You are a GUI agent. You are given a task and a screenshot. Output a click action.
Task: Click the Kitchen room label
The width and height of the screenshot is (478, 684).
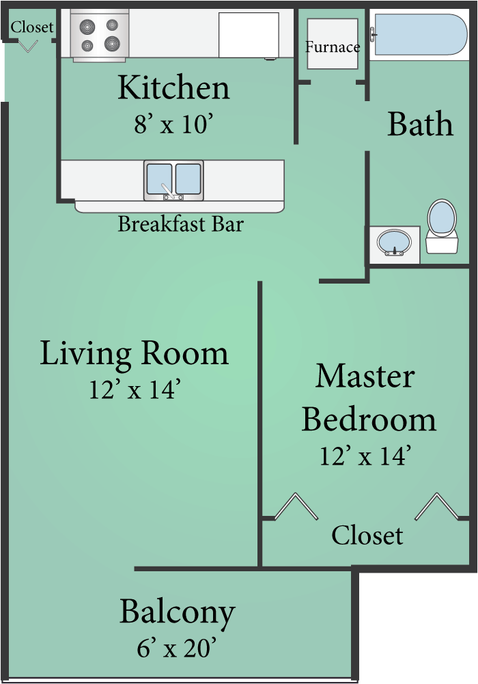pyautogui.click(x=173, y=88)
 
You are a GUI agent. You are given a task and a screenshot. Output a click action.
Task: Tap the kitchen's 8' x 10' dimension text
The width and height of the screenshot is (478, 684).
pyautogui.click(x=174, y=125)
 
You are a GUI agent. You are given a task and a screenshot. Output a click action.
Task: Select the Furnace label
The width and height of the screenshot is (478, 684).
pyautogui.click(x=332, y=47)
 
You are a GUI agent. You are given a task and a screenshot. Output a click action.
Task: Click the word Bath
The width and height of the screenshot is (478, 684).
pyautogui.click(x=420, y=124)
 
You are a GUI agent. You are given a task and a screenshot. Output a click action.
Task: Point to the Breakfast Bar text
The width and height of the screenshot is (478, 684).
pyautogui.click(x=180, y=223)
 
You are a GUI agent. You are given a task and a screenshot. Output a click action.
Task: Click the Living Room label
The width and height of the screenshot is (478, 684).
pyautogui.click(x=134, y=353)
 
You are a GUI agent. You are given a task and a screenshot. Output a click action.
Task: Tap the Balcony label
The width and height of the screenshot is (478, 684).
pyautogui.click(x=178, y=612)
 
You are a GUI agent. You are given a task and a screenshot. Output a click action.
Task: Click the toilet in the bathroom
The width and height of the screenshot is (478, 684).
pyautogui.click(x=441, y=225)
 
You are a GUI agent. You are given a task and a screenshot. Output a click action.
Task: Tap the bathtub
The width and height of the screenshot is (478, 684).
pyautogui.click(x=418, y=34)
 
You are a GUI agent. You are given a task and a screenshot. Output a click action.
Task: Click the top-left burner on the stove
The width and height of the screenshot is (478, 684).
pyautogui.click(x=87, y=27)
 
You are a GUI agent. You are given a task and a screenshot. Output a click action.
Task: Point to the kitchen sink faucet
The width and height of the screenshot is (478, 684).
pyautogui.click(x=167, y=191)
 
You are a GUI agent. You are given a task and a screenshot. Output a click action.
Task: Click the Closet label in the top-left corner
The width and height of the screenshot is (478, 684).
pyautogui.click(x=32, y=27)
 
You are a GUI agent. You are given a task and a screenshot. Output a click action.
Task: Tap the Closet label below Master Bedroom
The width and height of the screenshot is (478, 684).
pyautogui.click(x=367, y=535)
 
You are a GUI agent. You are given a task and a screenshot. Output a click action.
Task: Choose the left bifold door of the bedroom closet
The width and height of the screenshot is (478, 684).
pyautogui.click(x=296, y=507)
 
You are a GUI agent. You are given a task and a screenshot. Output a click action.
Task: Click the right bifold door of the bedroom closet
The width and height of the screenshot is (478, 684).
pyautogui.click(x=437, y=507)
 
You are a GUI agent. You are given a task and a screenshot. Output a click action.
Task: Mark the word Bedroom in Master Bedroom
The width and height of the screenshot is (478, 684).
pyautogui.click(x=369, y=419)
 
